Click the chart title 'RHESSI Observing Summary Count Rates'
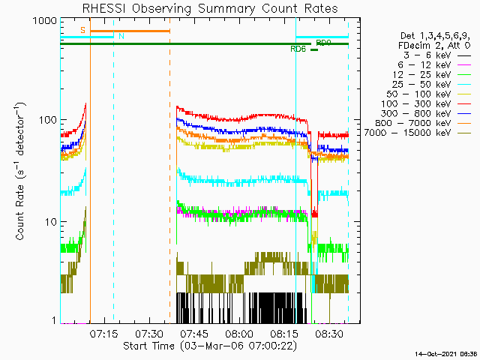point(210,8)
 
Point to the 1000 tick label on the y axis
point(45,21)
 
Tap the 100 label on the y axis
point(48,120)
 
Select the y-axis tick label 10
point(51,222)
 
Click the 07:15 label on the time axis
point(103,334)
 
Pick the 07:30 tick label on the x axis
point(149,334)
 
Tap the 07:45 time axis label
point(194,334)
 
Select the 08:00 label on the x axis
point(239,334)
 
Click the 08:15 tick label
point(284,334)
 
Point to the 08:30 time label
point(329,334)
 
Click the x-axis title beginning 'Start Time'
point(210,346)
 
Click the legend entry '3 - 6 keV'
point(427,55)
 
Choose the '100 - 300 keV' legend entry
point(415,103)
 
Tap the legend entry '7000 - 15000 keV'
point(407,133)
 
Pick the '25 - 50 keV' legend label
point(421,85)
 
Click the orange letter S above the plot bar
point(83,30)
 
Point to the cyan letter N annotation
point(121,36)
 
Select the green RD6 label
point(298,49)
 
